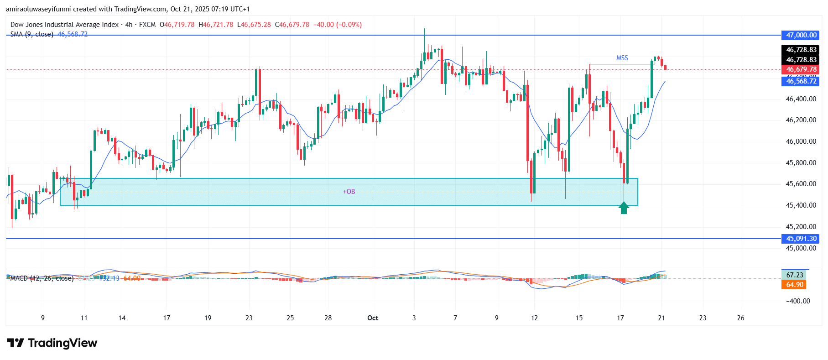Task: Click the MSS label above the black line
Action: [622, 58]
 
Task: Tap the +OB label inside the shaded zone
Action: [349, 192]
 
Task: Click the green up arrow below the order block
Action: [624, 208]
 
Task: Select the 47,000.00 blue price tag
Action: [801, 35]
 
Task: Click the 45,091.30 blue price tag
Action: [801, 239]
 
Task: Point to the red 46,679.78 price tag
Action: [801, 69]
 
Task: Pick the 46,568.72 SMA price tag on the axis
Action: [801, 81]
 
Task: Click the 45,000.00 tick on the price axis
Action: [801, 248]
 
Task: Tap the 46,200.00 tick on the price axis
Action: [801, 120]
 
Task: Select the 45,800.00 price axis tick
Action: [801, 163]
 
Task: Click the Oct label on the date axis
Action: [373, 318]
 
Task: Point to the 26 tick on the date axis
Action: [740, 318]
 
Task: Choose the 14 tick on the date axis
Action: [122, 318]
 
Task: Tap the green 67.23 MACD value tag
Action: [794, 275]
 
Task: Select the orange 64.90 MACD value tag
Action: [794, 285]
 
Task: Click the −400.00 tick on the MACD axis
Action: [798, 301]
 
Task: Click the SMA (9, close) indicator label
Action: [32, 34]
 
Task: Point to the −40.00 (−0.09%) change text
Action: [337, 25]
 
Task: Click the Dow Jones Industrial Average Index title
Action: [64, 25]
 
